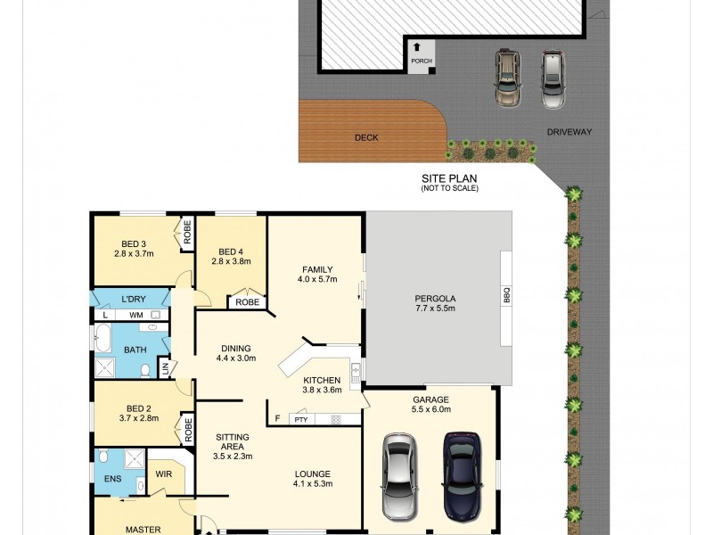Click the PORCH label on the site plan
[421, 62]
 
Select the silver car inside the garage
[397, 476]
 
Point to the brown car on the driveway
[507, 78]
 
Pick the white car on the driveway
[553, 78]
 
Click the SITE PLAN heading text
[449, 178]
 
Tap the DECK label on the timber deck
[366, 138]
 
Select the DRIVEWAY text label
[570, 132]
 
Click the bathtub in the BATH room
[102, 340]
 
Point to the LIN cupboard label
[164, 367]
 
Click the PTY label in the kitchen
[300, 418]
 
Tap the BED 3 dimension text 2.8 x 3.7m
[134, 253]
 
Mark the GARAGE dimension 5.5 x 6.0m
[430, 409]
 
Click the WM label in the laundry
[135, 315]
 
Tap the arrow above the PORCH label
[416, 48]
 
